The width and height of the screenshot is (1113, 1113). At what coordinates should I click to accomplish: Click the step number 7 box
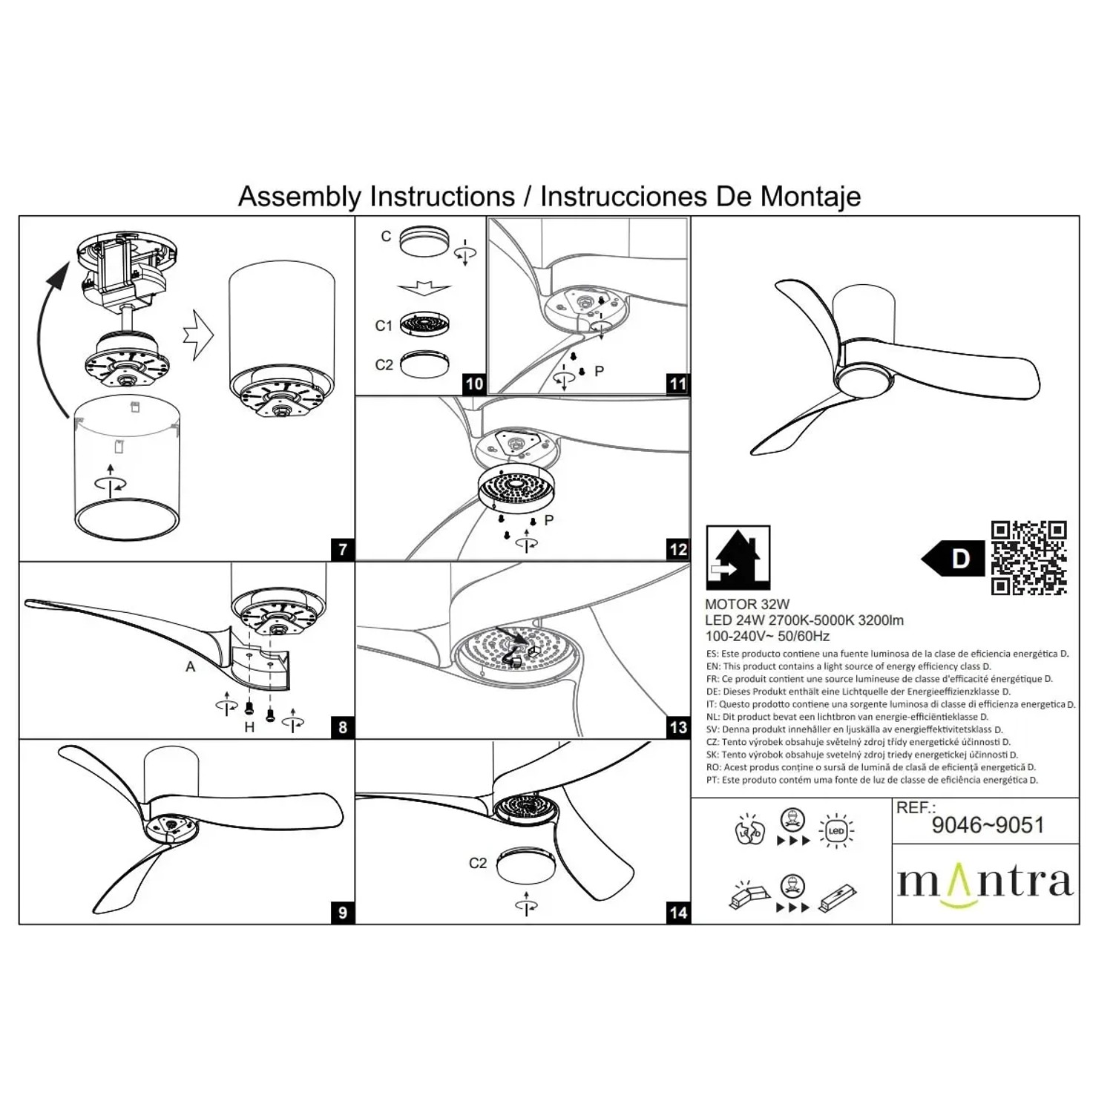tap(342, 550)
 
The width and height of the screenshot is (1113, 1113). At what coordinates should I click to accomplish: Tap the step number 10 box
tap(474, 384)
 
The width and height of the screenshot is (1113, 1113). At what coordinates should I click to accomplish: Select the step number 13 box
tap(678, 727)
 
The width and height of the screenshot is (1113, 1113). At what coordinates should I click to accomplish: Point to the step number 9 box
tap(342, 912)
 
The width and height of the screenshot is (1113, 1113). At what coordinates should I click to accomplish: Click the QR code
tap(1029, 558)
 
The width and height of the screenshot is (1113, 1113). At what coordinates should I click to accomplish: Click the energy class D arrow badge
tap(953, 558)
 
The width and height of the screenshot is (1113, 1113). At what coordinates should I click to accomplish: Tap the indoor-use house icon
tap(738, 557)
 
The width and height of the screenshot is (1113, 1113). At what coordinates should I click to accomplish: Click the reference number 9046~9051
tap(988, 825)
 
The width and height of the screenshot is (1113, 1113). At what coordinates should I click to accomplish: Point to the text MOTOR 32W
tap(747, 605)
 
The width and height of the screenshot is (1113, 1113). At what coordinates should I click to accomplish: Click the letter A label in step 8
tap(191, 667)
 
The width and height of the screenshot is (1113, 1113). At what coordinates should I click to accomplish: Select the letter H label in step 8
tap(249, 727)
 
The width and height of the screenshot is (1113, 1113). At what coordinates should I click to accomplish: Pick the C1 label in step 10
tap(384, 326)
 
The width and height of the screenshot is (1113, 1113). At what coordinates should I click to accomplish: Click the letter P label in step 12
tap(549, 520)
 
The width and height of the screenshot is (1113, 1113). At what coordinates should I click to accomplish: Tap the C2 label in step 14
tap(478, 863)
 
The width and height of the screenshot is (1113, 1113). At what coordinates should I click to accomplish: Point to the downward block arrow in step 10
tap(424, 288)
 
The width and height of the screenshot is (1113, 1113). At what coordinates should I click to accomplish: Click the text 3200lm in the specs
tap(881, 620)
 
